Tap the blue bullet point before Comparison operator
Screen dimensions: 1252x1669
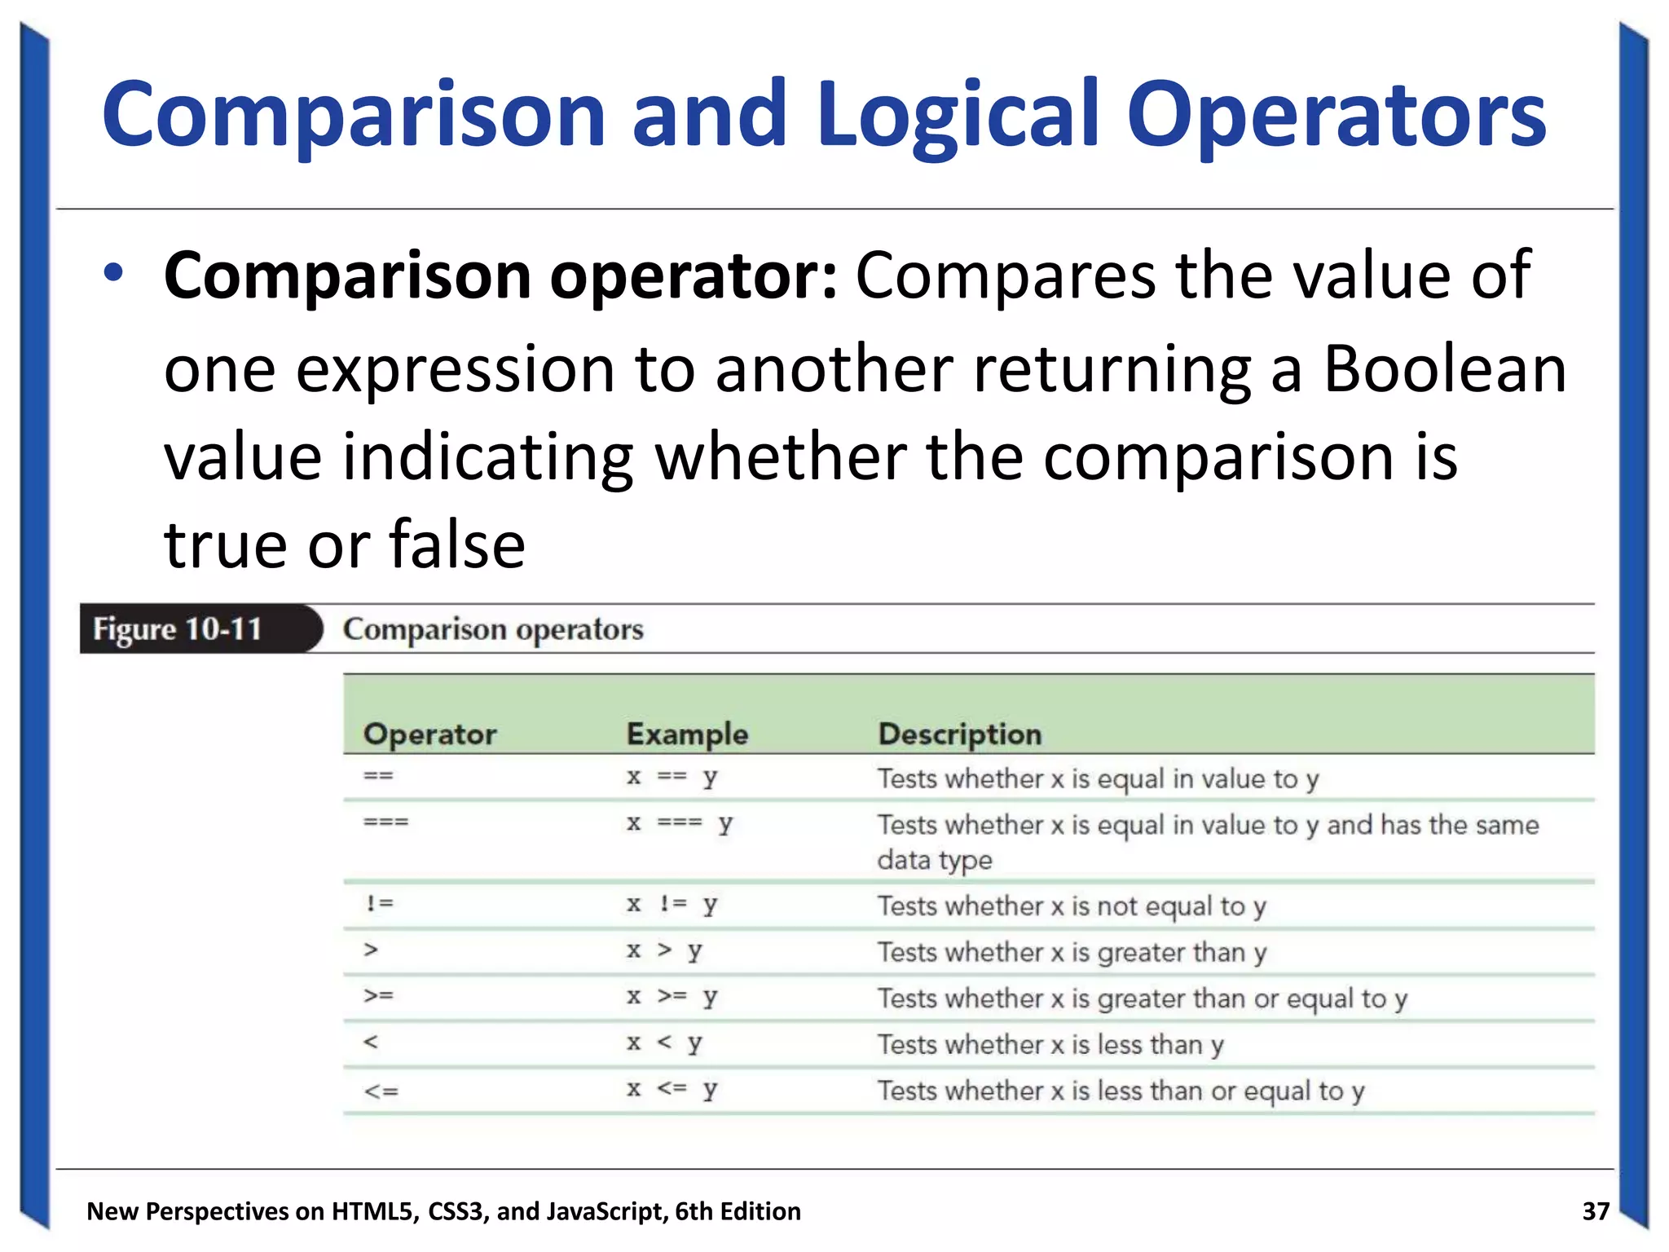113,273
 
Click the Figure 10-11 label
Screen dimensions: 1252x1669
178,629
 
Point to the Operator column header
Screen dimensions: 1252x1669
429,734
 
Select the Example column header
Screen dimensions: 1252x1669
687,734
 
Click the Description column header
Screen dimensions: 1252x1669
959,734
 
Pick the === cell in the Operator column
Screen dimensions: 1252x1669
385,822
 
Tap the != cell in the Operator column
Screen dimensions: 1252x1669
379,904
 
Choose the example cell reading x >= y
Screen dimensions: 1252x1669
672,997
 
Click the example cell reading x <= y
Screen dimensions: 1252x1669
672,1089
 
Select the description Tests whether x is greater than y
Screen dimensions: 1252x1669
1072,952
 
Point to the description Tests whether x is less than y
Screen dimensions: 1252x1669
1050,1044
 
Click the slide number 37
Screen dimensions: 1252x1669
1595,1211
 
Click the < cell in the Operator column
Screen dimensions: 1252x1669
371,1043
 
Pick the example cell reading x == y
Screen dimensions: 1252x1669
672,777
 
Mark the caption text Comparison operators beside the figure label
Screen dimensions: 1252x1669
493,629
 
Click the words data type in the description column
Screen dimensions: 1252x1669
935,860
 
